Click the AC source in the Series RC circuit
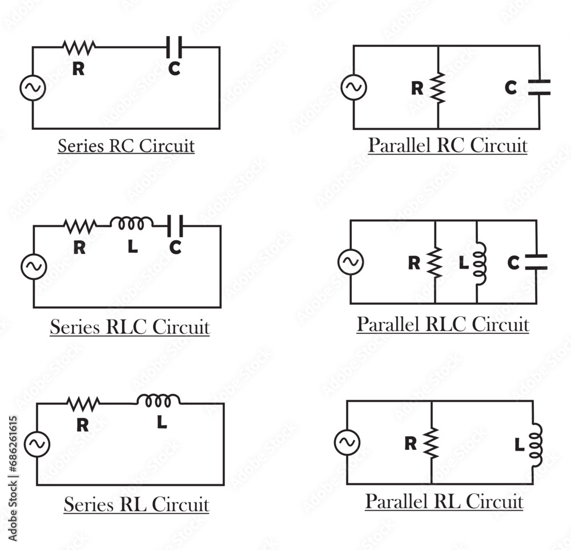[33, 88]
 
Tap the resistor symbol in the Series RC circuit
[79, 47]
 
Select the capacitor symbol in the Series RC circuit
[174, 47]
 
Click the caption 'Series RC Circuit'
[126, 146]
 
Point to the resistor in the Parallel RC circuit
[437, 88]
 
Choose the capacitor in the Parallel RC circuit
[539, 87]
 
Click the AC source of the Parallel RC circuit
[353, 87]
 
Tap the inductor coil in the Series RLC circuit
[132, 223]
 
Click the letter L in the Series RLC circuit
[132, 247]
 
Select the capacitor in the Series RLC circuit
[175, 226]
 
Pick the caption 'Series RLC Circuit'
[130, 328]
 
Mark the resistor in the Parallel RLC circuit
[435, 262]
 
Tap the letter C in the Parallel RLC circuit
[513, 263]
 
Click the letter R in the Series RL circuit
[82, 425]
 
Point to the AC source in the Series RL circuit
[37, 444]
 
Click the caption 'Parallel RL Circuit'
[444, 501]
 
